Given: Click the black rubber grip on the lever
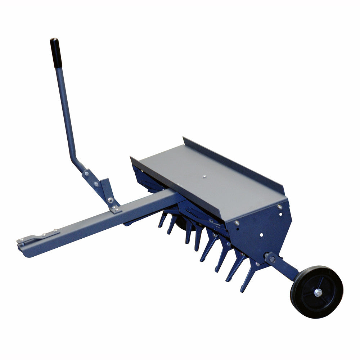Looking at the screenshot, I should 56,53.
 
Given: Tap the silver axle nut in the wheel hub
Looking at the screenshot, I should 318,292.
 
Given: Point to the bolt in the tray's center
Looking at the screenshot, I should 204,176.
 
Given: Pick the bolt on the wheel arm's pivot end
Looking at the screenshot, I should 271,258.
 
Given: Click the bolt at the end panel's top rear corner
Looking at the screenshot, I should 279,207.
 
